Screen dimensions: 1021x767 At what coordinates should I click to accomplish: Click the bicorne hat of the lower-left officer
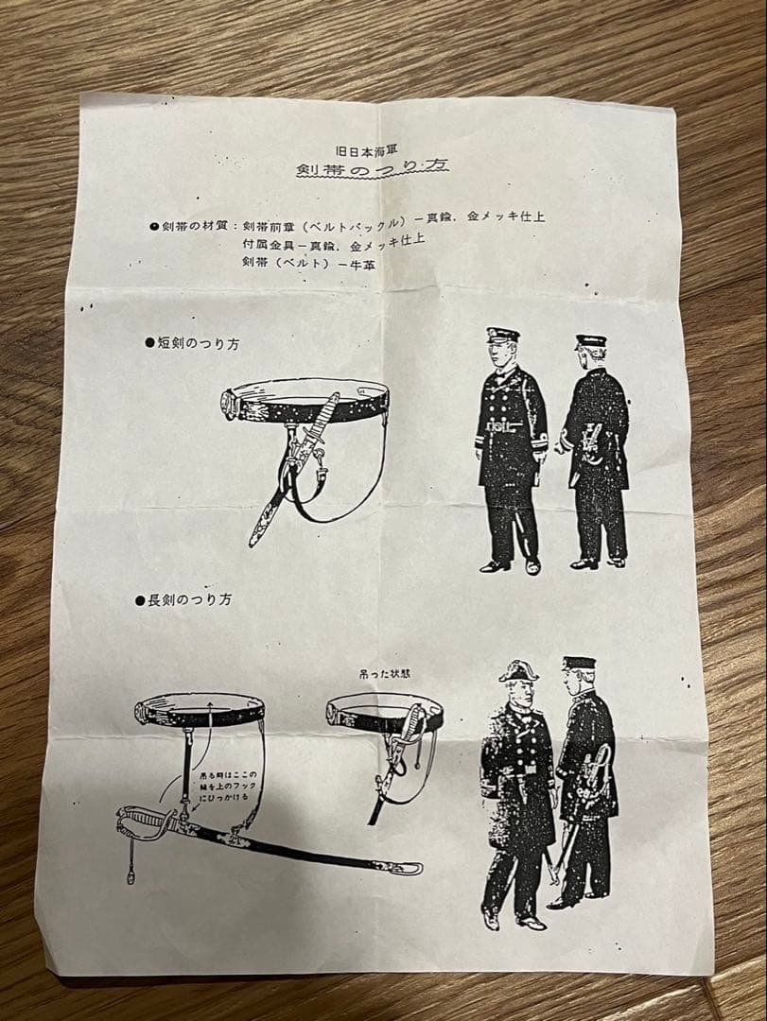coord(518,671)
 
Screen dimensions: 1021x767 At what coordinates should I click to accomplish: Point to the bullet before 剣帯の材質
coord(153,226)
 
